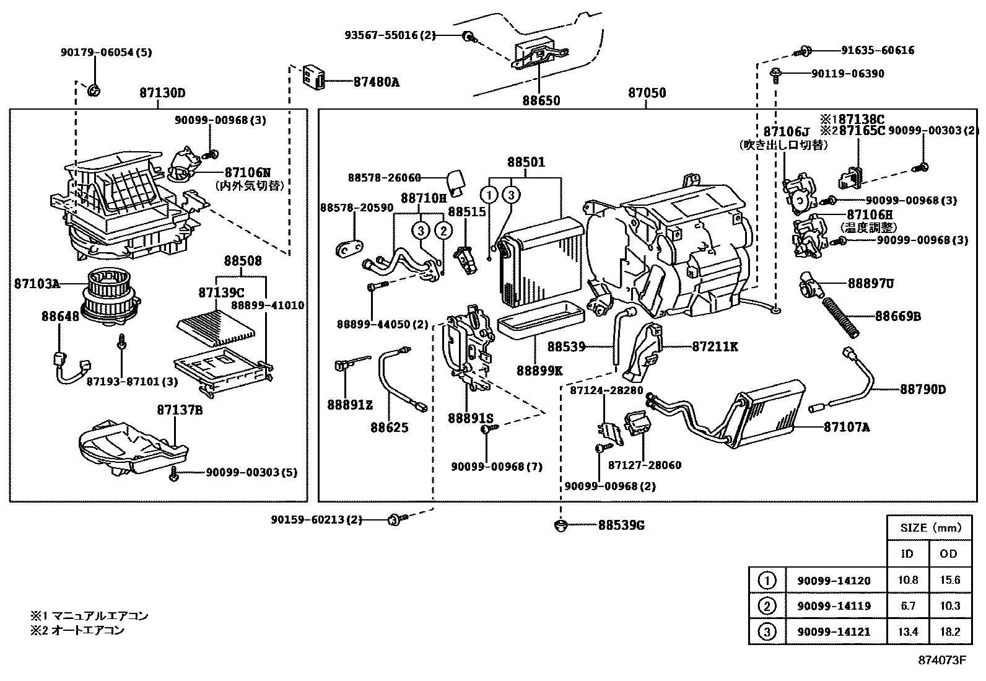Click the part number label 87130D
coord(162,94)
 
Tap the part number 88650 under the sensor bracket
coord(540,100)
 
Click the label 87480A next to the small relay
coord(376,81)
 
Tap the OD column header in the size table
coord(948,553)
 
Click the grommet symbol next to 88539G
coord(561,526)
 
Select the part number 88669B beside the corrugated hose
coord(897,317)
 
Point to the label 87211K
coord(715,347)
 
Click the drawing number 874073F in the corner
coord(941,660)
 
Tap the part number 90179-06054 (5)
coord(106,53)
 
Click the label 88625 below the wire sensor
coord(390,428)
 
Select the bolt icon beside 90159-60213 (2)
coord(395,519)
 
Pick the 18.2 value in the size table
coord(948,631)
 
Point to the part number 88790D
coord(923,389)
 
